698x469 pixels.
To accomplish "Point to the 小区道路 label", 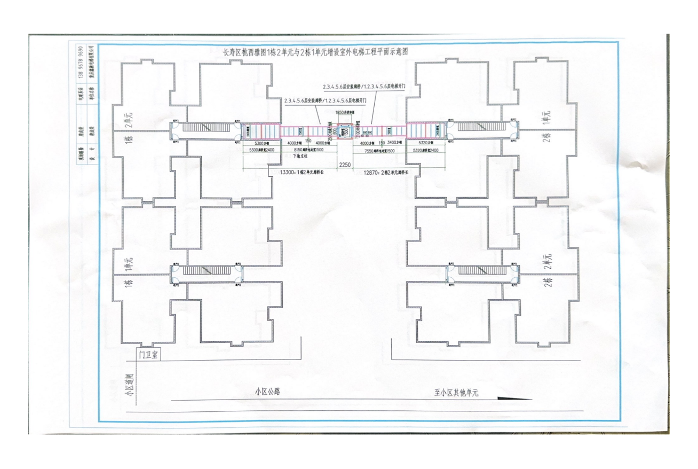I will [129, 385].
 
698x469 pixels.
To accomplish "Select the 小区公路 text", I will [267, 392].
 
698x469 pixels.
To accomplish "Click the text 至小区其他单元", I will [456, 393].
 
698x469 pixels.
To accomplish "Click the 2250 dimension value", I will [344, 165].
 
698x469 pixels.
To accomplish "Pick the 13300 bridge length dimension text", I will [303, 173].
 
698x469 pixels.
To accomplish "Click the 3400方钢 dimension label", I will [394, 143].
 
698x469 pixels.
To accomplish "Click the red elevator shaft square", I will [344, 130].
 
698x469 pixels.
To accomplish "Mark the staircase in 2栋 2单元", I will [481, 271].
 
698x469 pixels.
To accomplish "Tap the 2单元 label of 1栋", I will [128, 119].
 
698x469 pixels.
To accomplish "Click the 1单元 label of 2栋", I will [546, 117].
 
